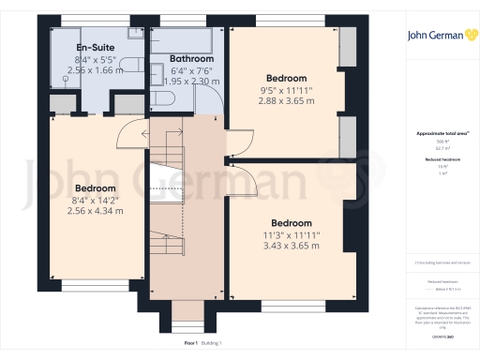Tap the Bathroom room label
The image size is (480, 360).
click(191, 58)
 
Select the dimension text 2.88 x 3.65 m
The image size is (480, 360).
click(286, 101)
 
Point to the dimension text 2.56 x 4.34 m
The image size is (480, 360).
click(96, 211)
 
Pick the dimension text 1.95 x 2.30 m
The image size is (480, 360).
click(191, 81)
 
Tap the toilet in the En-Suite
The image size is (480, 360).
click(135, 71)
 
